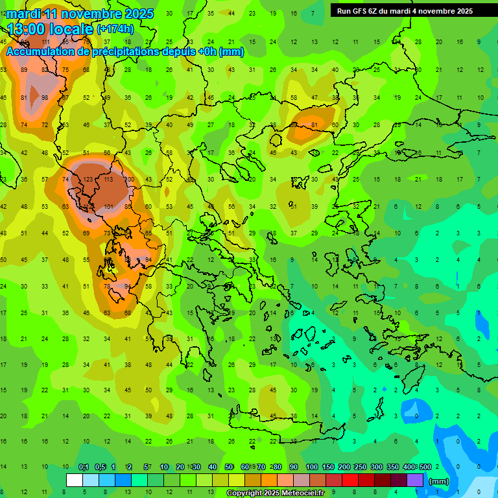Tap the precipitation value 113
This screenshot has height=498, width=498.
[x=108, y=180]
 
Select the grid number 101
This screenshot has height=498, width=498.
[x=108, y=207]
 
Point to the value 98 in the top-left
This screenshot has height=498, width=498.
[x=45, y=98]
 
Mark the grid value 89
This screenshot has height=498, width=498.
[x=24, y=70]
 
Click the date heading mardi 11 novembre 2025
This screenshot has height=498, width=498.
[x=80, y=14]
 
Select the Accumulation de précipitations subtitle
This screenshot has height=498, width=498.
[x=125, y=52]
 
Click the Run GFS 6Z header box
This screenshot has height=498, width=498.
[x=405, y=11]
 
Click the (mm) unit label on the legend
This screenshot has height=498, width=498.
[x=439, y=481]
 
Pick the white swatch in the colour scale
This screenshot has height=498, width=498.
[x=75, y=480]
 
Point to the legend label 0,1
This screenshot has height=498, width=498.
[x=84, y=467]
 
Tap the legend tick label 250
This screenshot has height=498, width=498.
[x=359, y=467]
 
